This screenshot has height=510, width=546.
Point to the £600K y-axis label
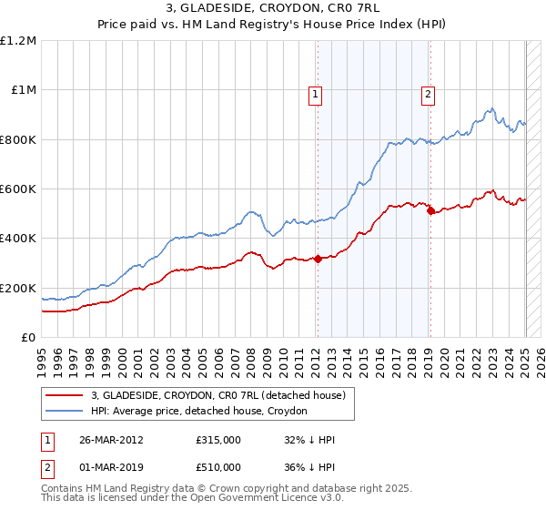pyautogui.click(x=18, y=189)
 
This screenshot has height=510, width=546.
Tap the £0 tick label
pyautogui.click(x=28, y=338)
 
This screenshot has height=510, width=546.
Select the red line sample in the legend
pyautogui.click(x=65, y=396)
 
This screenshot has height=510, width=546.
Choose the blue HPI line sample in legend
pyautogui.click(x=65, y=412)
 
